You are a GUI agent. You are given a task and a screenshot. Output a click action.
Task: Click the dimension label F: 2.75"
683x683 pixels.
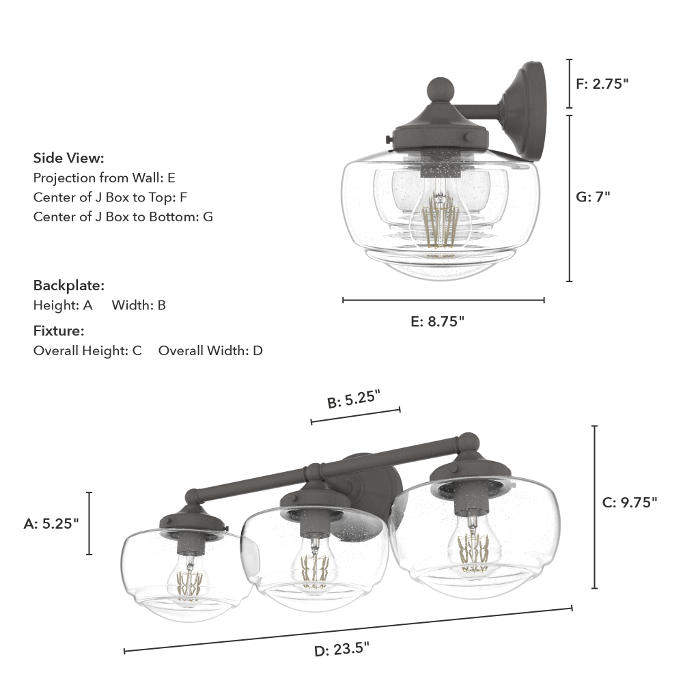602,83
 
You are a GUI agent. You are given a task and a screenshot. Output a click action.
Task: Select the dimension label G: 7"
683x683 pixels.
593,197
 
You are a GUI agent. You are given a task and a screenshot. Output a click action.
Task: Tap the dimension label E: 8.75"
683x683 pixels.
437,322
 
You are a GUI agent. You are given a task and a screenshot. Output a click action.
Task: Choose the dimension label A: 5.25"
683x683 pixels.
51,524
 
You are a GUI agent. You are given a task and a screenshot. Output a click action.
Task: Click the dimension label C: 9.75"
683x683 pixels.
630,503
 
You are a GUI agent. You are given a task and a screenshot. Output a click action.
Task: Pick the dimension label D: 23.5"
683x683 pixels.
342,650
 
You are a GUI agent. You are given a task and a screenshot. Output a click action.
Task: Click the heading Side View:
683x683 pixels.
69,158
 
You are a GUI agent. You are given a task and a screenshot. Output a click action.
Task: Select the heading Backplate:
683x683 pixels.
69,285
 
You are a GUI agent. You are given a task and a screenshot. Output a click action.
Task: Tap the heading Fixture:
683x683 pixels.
59,331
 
